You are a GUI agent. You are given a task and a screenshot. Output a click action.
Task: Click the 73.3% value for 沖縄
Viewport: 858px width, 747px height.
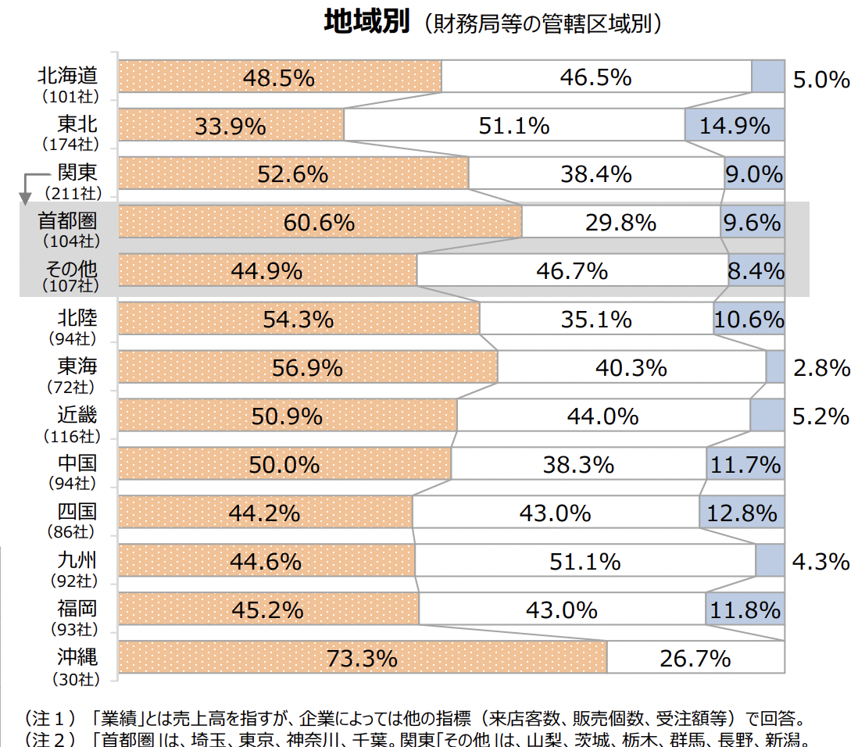tap(362, 659)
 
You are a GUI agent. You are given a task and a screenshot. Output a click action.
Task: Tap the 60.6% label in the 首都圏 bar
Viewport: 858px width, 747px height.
tap(319, 223)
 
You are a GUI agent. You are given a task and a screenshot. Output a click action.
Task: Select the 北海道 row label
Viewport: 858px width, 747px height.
tap(67, 76)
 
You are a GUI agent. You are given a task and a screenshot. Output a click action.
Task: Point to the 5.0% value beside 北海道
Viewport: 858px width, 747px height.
tap(820, 79)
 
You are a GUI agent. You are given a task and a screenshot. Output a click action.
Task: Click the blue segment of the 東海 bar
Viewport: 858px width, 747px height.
tap(775, 367)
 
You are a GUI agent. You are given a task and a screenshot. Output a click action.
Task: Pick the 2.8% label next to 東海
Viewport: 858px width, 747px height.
tap(821, 368)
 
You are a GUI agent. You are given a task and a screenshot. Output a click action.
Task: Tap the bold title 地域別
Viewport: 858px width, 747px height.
tap(366, 22)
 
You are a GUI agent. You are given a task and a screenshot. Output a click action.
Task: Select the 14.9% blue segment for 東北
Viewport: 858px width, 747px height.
tap(735, 125)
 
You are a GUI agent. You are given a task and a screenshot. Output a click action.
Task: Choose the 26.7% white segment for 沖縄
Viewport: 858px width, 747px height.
tap(695, 659)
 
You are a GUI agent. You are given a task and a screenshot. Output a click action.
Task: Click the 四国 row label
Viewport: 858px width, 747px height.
tap(77, 512)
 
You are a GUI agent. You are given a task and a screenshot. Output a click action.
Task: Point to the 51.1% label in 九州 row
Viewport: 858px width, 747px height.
tap(585, 561)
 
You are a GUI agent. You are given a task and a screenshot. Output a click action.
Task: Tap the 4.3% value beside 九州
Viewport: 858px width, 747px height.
tap(820, 561)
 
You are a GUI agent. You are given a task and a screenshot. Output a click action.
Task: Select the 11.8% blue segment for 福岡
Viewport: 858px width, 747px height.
tap(745, 609)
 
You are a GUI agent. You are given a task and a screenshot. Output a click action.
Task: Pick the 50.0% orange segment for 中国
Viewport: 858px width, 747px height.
tap(284, 464)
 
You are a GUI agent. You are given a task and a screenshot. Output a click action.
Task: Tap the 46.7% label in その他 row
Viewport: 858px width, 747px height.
tap(572, 271)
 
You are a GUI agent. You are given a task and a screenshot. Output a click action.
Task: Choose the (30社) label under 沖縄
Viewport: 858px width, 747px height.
tap(76, 679)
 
